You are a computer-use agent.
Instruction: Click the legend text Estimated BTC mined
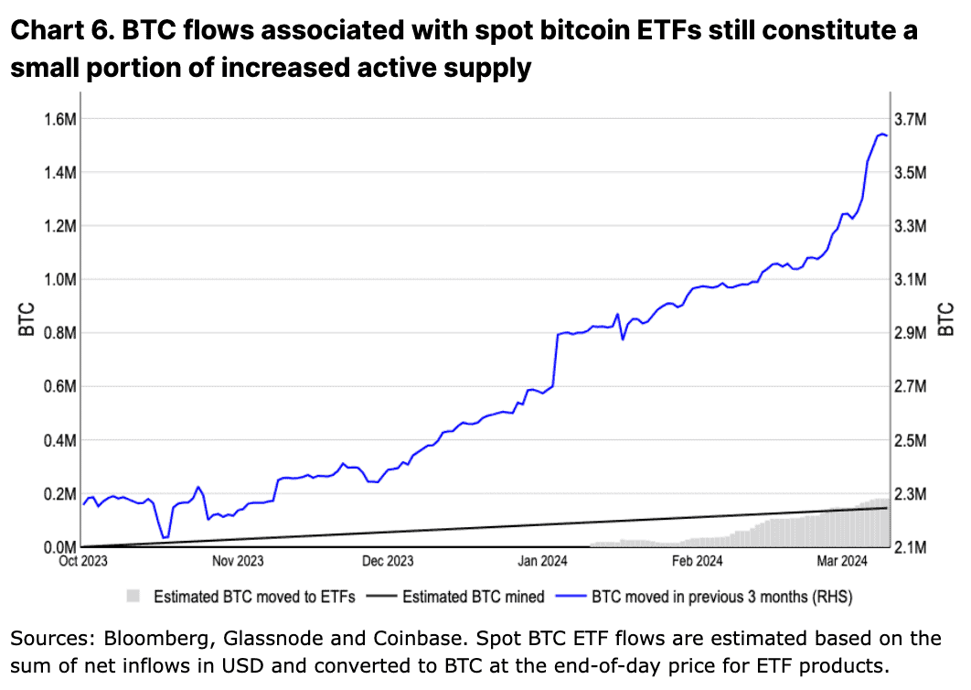click(x=474, y=597)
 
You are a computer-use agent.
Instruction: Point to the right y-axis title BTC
click(x=947, y=318)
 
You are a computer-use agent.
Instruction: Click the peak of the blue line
click(x=881, y=134)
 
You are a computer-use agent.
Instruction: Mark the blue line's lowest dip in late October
click(x=163, y=538)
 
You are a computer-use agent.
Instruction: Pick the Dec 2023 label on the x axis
click(x=387, y=561)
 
